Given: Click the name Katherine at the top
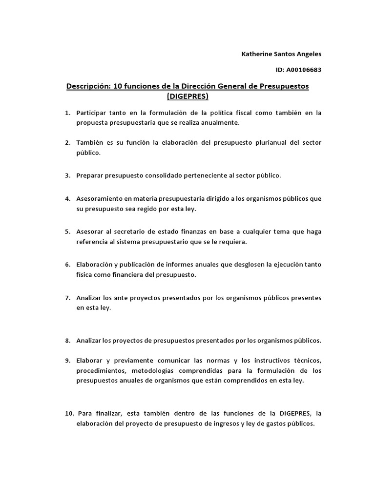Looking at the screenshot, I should [258, 54].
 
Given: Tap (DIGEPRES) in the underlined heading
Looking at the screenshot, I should [187, 96].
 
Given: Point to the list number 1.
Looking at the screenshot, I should [68, 113].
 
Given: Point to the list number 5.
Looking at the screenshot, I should [68, 231].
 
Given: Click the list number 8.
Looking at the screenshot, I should [68, 341].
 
